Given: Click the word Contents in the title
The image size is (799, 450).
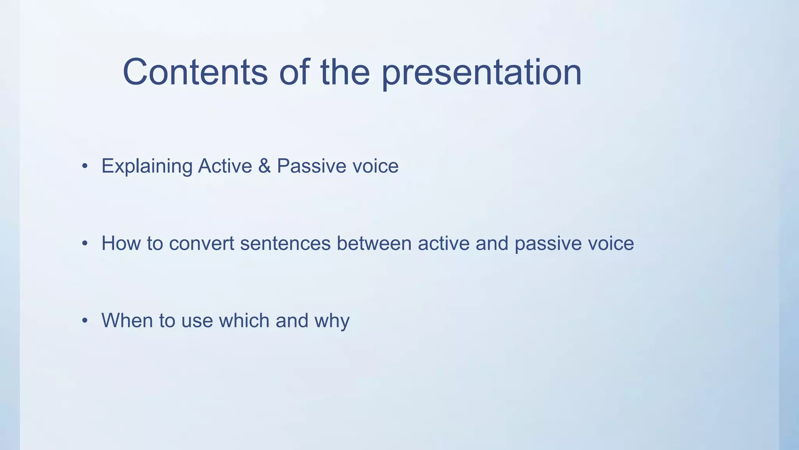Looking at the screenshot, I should (x=195, y=72).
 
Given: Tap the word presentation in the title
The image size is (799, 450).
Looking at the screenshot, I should (x=481, y=73).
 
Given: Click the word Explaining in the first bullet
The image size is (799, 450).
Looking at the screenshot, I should (x=147, y=166).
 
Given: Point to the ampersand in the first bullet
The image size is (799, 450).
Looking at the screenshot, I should (x=264, y=166).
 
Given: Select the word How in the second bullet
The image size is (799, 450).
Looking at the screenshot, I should (x=121, y=243).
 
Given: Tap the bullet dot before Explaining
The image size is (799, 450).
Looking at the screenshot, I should (x=85, y=167).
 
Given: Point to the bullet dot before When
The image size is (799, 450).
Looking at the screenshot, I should (x=85, y=321).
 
